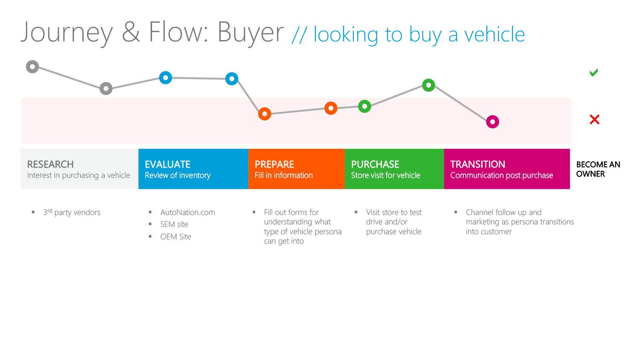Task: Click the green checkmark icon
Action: coord(594,73)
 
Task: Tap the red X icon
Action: coord(595,119)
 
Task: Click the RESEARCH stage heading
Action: coord(50,164)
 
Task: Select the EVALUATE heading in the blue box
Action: coord(167,164)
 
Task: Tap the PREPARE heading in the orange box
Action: coord(274,164)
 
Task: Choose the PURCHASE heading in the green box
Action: coord(375,164)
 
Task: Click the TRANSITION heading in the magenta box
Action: coord(478,164)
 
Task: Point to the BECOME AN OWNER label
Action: coord(598,169)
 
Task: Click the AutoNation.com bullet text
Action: coord(187,212)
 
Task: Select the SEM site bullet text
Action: coord(174,224)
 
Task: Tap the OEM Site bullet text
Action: coord(175,237)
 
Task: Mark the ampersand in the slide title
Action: coord(131,32)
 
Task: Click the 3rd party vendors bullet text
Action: coord(72,212)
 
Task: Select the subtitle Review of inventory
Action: coord(177,175)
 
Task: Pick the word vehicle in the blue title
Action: coord(495,34)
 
